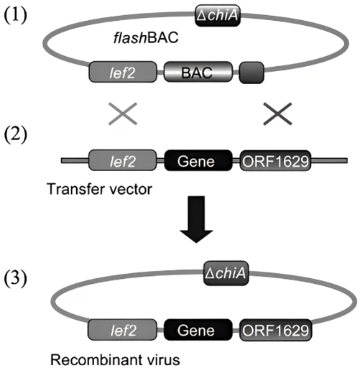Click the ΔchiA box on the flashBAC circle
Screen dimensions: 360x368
(218, 15)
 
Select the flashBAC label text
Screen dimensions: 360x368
(146, 38)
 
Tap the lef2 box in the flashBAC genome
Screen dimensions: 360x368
(123, 72)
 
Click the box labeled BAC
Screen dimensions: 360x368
(198, 72)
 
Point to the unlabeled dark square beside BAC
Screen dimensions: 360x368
(251, 73)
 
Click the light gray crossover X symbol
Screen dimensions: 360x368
(123, 114)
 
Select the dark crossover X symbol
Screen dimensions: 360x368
(277, 114)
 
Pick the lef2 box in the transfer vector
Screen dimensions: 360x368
(122, 160)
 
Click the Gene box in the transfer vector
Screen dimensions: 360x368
(198, 160)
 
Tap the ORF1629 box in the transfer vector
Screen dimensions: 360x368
(275, 160)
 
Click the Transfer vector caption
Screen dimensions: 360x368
(99, 189)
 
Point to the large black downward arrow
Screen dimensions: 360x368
(196, 219)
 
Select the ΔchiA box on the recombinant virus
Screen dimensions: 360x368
(226, 273)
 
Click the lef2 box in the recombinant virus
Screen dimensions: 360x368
(122, 330)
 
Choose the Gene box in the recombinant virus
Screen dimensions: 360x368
(198, 330)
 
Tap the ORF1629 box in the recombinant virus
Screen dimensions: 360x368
(275, 330)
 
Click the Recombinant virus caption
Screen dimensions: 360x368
(115, 360)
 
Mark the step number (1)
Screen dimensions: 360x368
(16, 15)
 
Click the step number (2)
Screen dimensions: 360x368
(16, 134)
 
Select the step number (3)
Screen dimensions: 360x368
(16, 278)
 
